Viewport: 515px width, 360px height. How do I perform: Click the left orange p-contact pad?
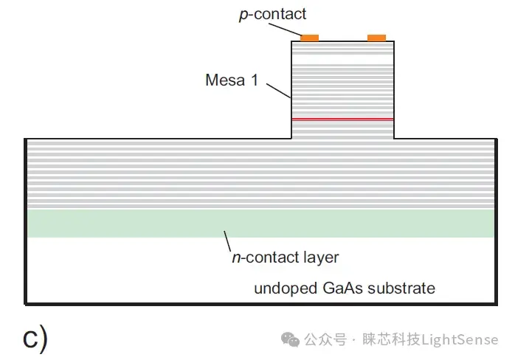(309, 37)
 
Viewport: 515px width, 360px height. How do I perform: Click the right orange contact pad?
(376, 37)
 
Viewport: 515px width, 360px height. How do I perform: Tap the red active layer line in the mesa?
(342, 119)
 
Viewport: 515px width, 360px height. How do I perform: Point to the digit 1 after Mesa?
(255, 80)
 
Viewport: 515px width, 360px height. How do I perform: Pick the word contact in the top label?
(285, 14)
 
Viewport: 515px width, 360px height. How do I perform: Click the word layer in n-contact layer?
(320, 257)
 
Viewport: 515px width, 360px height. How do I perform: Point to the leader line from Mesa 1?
(278, 89)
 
